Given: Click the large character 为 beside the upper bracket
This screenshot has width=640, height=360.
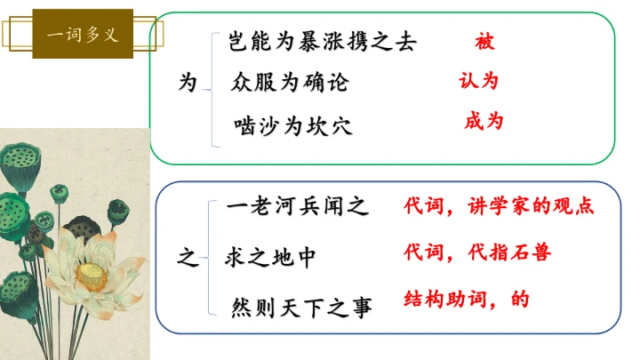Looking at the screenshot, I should point(188,83).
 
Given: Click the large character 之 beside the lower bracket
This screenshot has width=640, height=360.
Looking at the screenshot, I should point(188,259).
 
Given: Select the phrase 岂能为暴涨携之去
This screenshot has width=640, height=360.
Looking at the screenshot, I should point(322,41).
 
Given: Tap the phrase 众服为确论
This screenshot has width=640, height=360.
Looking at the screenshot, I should point(290,84).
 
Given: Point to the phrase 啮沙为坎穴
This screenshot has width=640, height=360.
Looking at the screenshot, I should point(293,126).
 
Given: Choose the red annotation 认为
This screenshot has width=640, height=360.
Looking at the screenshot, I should point(478,81).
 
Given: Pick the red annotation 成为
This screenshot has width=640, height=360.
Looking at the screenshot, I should point(484,121).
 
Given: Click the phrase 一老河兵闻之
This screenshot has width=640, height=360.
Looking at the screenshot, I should point(296,208).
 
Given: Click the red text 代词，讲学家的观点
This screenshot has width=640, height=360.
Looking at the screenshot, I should point(498,206).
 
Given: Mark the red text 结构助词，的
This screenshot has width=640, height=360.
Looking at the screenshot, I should point(466,299).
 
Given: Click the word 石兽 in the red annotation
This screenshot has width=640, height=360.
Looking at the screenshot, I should point(531,252).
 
